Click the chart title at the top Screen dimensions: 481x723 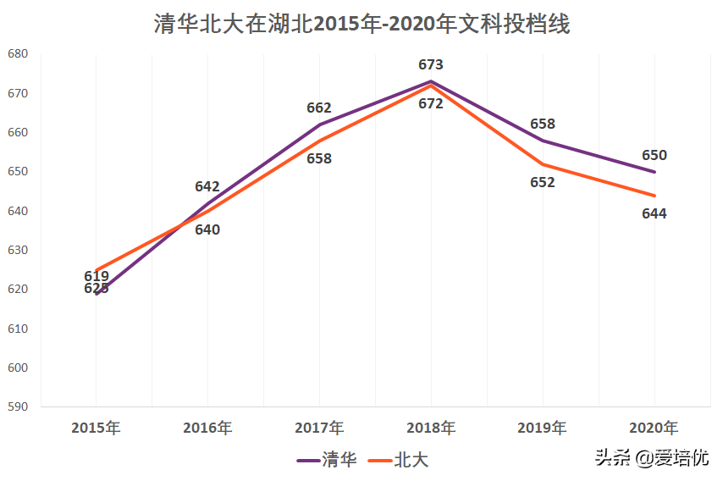[x=361, y=24]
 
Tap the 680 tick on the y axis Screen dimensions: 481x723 [x=18, y=54]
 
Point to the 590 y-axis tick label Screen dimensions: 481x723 [x=18, y=407]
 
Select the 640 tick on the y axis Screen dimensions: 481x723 [x=18, y=211]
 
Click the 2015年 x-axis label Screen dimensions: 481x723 [x=96, y=428]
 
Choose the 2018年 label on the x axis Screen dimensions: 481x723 [x=431, y=428]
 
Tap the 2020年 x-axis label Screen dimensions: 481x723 [x=654, y=428]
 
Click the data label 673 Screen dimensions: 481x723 [x=431, y=64]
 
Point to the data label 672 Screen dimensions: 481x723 [x=431, y=104]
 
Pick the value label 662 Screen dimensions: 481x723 [x=319, y=108]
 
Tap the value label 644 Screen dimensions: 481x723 [x=654, y=213]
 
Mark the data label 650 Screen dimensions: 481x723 [x=654, y=155]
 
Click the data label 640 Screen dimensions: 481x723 [x=207, y=229]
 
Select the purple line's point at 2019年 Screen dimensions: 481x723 [x=543, y=141]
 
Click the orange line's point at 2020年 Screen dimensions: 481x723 [x=654, y=196]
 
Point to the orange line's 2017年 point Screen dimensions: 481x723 [x=319, y=141]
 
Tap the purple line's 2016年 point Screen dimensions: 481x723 [x=207, y=203]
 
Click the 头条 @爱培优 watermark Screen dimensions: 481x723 [x=651, y=458]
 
